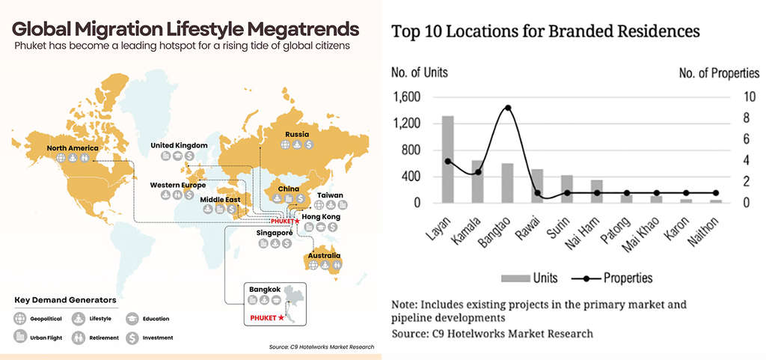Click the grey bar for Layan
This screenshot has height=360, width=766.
448,159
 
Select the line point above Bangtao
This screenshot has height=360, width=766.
508,108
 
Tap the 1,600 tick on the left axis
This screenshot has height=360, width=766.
408,97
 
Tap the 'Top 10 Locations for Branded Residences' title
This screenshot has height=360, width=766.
545,31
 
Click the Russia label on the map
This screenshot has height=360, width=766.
296,135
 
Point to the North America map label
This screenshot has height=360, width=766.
72,148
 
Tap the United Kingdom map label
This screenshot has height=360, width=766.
179,145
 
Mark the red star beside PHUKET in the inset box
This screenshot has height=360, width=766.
281,319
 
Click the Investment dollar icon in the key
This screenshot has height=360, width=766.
132,338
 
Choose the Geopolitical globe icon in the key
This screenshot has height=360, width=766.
19,319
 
